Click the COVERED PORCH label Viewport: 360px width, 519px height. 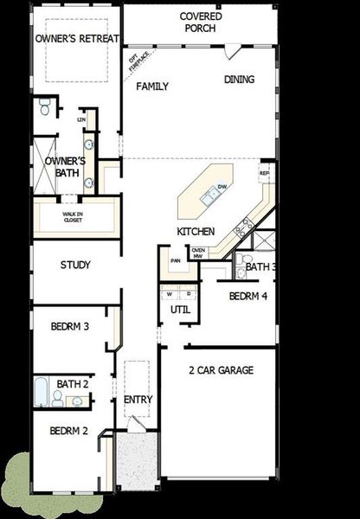click(x=201, y=22)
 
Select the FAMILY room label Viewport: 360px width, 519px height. click(x=152, y=86)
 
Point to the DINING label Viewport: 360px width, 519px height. click(x=240, y=80)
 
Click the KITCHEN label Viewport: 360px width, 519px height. click(x=196, y=233)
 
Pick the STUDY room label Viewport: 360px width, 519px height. click(x=76, y=266)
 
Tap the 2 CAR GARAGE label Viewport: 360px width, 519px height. click(x=221, y=371)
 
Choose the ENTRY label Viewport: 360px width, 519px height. click(x=138, y=400)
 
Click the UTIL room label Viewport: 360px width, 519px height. click(x=180, y=309)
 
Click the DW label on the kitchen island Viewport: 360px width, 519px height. click(x=222, y=187)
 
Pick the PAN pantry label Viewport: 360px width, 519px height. click(x=175, y=259)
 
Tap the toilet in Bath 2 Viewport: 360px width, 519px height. click(x=58, y=398)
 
